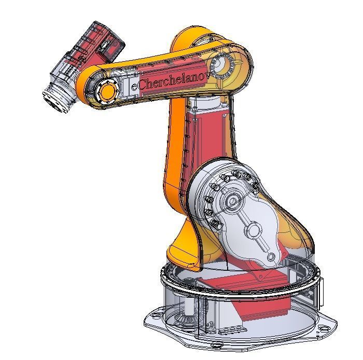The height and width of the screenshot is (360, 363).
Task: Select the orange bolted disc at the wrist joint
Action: pos(107,92)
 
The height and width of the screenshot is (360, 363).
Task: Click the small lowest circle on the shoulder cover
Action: pos(271,256)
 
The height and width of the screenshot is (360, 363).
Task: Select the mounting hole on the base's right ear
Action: pos(325,326)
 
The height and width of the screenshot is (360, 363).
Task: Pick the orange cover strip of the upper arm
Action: pos(174,150)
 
